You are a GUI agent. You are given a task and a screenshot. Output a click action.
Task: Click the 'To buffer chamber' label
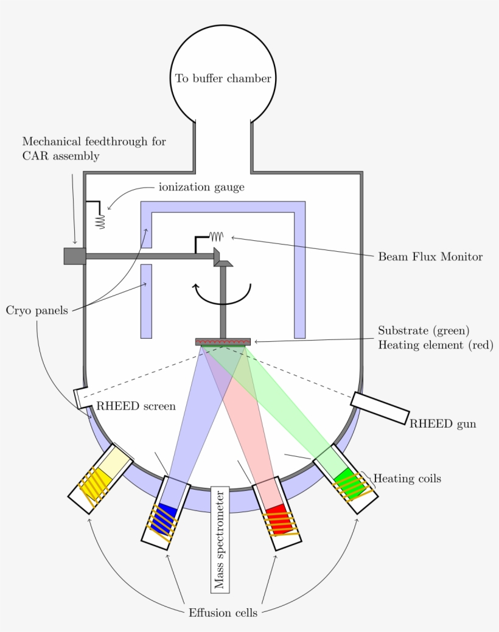pyautogui.click(x=223, y=78)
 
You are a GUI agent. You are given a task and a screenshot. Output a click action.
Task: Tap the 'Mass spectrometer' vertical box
pyautogui.click(x=219, y=539)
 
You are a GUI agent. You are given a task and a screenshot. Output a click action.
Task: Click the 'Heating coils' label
pyautogui.click(x=407, y=479)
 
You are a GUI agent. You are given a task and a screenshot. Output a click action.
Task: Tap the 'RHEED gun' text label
pyautogui.click(x=442, y=424)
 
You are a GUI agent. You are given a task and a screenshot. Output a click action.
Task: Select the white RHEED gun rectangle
pyautogui.click(x=380, y=408)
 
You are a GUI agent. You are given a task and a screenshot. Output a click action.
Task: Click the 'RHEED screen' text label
pyautogui.click(x=136, y=406)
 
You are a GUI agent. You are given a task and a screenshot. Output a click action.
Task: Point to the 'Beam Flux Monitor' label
pyautogui.click(x=430, y=257)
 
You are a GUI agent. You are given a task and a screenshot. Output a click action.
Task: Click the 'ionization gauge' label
pyautogui.click(x=201, y=187)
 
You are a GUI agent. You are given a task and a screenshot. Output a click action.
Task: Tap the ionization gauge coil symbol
pyautogui.click(x=100, y=221)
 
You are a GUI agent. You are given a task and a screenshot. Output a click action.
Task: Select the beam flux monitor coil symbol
pyautogui.click(x=216, y=236)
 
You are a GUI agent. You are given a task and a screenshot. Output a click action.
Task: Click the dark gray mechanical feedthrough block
pyautogui.click(x=74, y=255)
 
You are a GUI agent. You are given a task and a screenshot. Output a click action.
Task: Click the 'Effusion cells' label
pyautogui.click(x=223, y=613)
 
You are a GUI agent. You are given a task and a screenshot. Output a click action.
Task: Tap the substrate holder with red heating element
pyautogui.click(x=223, y=342)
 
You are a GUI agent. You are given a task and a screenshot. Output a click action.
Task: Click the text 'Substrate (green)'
pyautogui.click(x=424, y=331)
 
